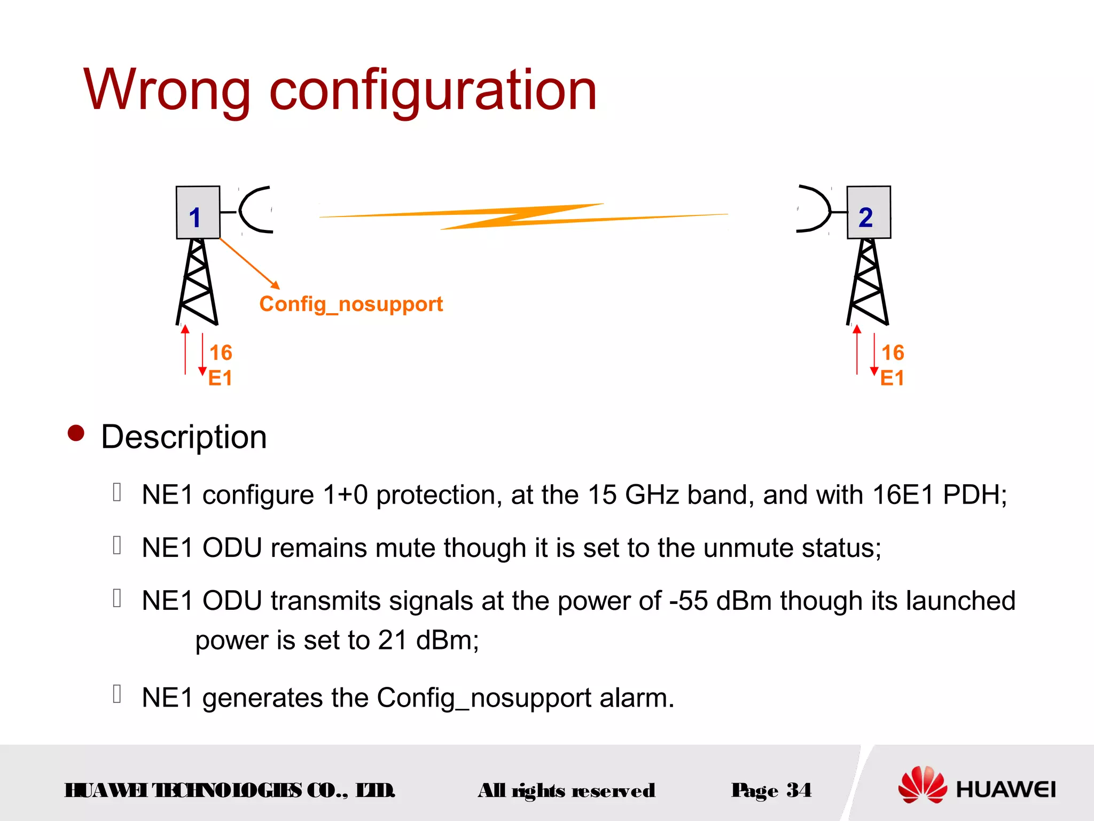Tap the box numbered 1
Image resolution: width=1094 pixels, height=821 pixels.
coord(198,212)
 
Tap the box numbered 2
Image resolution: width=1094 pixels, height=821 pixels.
coord(869,212)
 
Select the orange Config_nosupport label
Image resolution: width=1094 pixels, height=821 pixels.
coord(351,304)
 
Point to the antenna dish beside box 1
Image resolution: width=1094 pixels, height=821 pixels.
coord(255,210)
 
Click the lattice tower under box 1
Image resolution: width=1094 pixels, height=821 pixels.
coord(197,282)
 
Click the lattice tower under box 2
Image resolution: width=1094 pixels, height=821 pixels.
coord(868,282)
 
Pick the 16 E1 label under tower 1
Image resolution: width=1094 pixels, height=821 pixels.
coord(220,365)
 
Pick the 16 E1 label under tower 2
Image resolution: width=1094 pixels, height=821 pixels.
coord(892,365)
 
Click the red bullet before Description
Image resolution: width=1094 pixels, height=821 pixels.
coord(76,433)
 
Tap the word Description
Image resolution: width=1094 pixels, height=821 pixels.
coord(184,437)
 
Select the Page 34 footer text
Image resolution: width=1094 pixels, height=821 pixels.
coord(771,790)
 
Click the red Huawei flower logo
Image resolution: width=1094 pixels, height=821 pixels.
coord(923,785)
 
